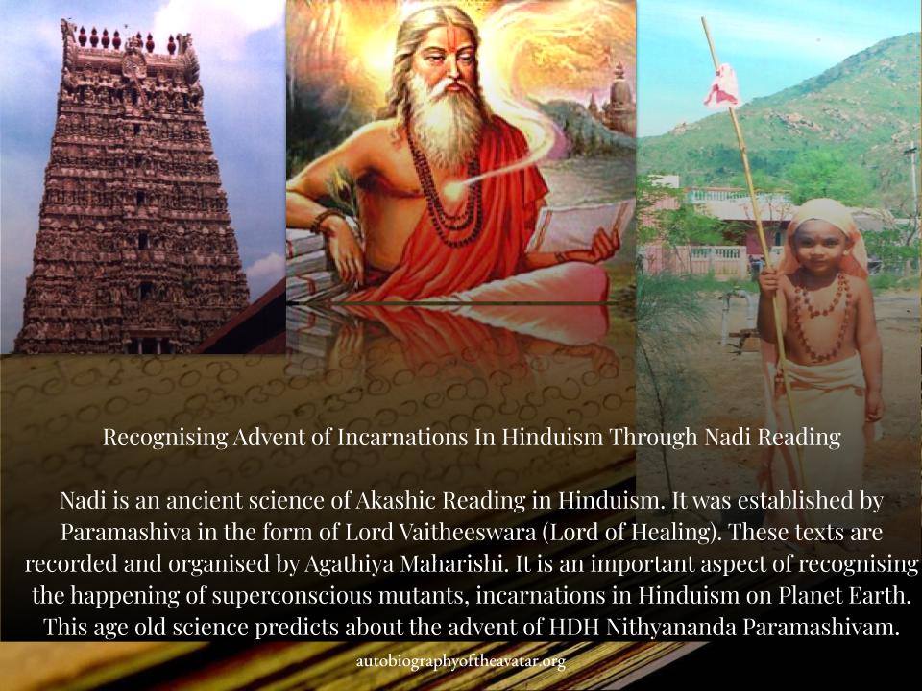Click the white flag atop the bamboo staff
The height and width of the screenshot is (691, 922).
(721, 86)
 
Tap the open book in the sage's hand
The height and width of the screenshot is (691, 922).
(579, 227)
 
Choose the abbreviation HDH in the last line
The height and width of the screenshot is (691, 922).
(574, 627)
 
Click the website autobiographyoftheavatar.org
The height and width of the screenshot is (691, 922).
(461, 662)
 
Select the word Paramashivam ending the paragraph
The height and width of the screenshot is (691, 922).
(821, 627)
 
